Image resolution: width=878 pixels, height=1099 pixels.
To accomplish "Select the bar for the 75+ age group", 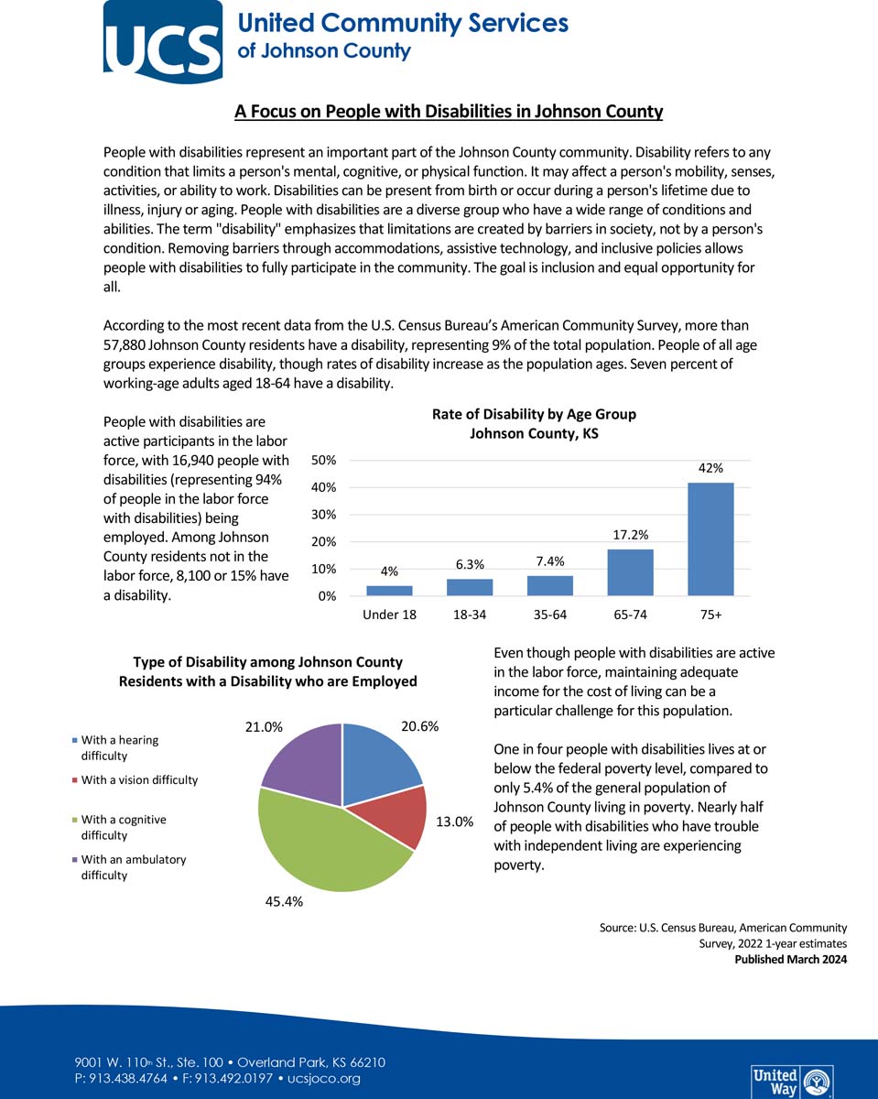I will [x=710, y=539].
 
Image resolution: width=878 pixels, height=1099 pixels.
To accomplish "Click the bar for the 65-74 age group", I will [x=630, y=572].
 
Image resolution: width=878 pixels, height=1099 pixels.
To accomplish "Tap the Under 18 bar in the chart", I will [x=389, y=591].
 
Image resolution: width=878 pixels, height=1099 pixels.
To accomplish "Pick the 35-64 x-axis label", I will [x=549, y=615].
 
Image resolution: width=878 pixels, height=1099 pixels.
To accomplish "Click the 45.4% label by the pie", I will [x=284, y=902].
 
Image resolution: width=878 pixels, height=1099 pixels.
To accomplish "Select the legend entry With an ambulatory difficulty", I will [x=133, y=867].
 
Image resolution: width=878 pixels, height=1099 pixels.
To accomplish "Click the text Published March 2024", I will [x=790, y=960].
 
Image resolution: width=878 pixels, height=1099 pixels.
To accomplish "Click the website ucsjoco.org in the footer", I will [x=324, y=1079].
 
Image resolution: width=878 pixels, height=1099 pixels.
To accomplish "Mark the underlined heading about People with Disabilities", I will [x=448, y=112].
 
